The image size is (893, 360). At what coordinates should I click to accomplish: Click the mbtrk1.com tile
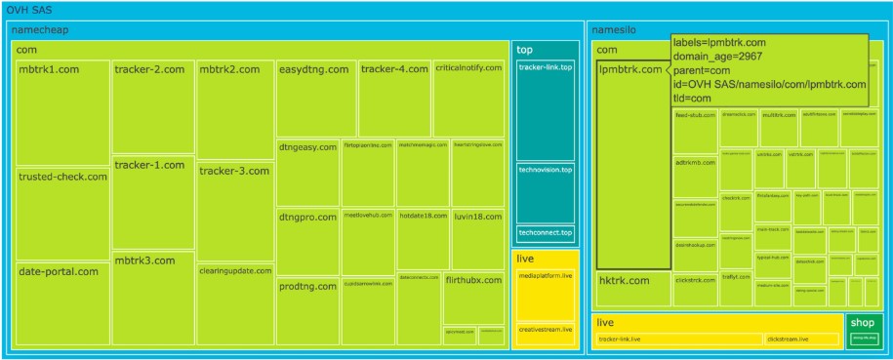click(62, 112)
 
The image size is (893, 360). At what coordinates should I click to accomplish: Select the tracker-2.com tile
click(152, 105)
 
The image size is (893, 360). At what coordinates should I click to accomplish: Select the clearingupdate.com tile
click(234, 303)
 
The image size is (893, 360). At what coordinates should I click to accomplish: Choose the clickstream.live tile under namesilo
click(801, 340)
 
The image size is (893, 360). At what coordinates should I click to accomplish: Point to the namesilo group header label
click(615, 29)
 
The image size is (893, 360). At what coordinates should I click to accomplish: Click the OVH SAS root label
click(29, 9)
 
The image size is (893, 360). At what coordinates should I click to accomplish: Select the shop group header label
click(861, 322)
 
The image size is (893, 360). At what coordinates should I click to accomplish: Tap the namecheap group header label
click(46, 29)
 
